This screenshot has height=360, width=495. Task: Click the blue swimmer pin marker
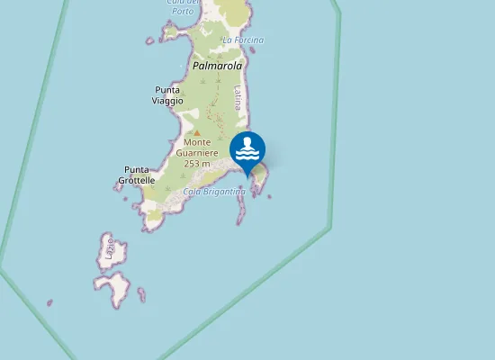(247, 150)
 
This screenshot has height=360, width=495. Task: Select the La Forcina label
(242, 40)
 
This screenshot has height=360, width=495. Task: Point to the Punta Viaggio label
(168, 95)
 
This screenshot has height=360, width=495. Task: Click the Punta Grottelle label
(136, 175)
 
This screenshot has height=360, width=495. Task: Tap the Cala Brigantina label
(214, 192)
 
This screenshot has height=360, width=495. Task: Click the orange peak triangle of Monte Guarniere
(197, 131)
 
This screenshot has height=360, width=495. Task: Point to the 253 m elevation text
(197, 164)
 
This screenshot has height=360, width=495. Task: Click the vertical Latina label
(237, 97)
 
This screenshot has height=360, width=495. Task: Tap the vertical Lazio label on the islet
(110, 248)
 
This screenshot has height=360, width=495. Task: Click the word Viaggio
(168, 101)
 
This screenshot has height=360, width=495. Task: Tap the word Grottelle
(136, 180)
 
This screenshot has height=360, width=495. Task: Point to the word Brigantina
(225, 192)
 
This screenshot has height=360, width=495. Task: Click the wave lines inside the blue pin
(247, 155)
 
